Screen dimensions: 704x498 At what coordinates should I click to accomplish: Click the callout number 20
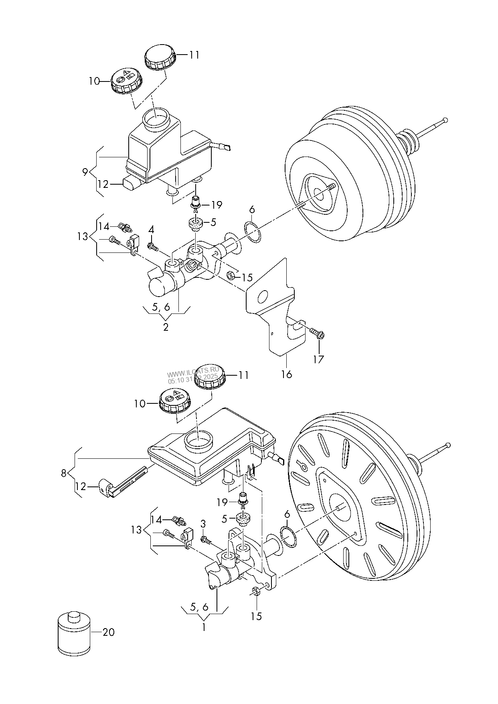point(108,633)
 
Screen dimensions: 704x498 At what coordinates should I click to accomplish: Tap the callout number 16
point(286,374)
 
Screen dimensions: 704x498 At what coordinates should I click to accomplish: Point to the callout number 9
point(85,172)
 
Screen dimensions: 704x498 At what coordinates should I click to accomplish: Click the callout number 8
point(64,473)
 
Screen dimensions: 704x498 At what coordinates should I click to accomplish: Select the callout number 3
point(203,523)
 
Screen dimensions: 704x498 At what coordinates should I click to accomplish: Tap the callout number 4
point(151,230)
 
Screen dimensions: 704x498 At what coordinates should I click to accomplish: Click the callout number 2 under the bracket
point(166,327)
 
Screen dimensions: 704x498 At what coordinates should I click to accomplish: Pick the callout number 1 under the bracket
point(204,627)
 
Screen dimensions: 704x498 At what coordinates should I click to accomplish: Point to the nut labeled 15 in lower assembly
point(255,591)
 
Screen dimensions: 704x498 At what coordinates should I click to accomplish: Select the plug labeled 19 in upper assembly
point(196,203)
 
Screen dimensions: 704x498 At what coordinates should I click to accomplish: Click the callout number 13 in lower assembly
point(136,530)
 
